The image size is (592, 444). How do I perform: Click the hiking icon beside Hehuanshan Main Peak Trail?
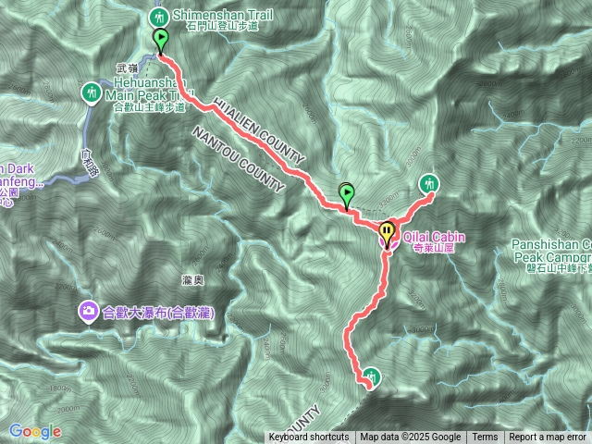click(x=92, y=92)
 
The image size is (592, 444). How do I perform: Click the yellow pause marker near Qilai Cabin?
click(x=387, y=231)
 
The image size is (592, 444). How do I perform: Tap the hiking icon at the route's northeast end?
click(x=429, y=183)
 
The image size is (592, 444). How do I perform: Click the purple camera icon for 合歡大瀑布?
click(x=87, y=312)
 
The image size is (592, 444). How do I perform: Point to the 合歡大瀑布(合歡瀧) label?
click(x=158, y=313)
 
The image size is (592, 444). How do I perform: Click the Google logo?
click(x=35, y=431)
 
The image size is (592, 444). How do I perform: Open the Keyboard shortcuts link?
click(x=309, y=438)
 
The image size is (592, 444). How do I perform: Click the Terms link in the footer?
click(x=485, y=438)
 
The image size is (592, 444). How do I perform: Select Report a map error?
click(x=548, y=438)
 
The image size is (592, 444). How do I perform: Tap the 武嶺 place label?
click(x=126, y=68)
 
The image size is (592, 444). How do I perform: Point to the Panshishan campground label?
click(x=550, y=251)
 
